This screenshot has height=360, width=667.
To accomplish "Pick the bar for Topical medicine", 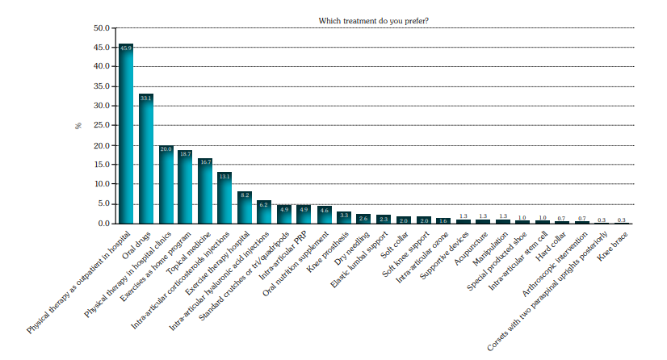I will point(205,190).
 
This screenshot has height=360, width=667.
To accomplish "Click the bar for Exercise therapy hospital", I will point(245,207).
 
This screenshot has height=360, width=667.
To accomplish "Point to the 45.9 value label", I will point(126,48).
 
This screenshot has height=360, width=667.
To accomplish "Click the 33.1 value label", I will point(146,98).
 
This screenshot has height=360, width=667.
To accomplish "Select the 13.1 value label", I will point(224,176).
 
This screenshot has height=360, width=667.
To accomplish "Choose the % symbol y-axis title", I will point(79,126).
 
